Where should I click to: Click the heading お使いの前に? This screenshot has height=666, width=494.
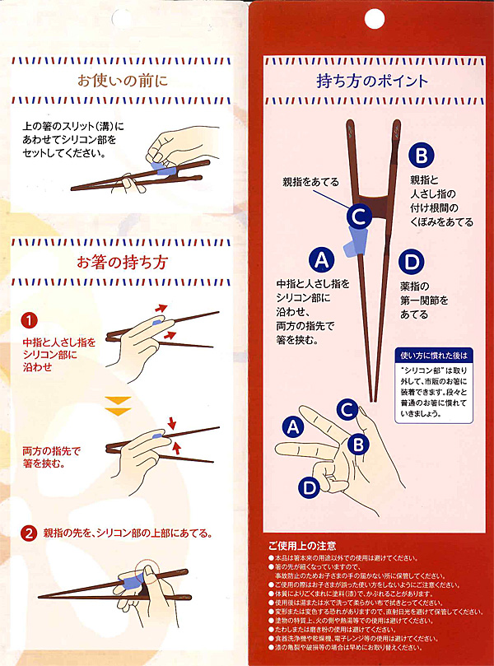tap(121, 82)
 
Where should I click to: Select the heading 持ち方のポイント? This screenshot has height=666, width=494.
tap(372, 82)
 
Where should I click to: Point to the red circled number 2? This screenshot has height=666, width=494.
tap(29, 533)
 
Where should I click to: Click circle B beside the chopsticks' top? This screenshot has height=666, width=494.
tap(420, 155)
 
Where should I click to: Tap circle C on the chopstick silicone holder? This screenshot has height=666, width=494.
tap(357, 217)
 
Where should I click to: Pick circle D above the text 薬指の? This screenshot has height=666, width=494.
tap(411, 262)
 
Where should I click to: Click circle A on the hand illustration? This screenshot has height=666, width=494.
tap(291, 426)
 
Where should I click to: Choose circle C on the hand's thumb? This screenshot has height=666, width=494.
tap(347, 408)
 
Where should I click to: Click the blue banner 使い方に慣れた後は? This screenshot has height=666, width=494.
tap(432, 356)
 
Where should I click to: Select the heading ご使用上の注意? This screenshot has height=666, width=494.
tap(301, 546)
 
